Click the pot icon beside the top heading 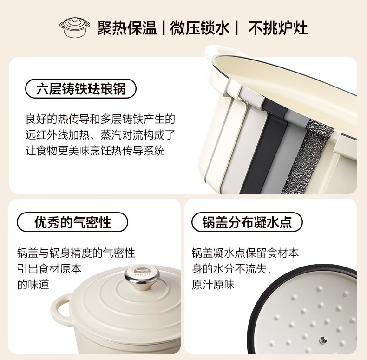click(x=75, y=27)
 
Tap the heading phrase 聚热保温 click(x=127, y=28)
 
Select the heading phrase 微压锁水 click(x=200, y=28)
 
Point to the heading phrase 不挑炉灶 click(x=278, y=28)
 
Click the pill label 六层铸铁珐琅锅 click(x=81, y=88)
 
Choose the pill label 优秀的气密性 click(x=72, y=222)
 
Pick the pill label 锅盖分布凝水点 click(x=247, y=222)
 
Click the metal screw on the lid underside click(x=323, y=339)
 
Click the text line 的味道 click(x=33, y=285)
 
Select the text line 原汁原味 click(x=213, y=285)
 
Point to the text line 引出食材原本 click(x=49, y=269)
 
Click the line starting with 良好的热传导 click(x=100, y=119)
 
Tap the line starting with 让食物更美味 click(x=95, y=151)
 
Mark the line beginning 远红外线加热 click(x=100, y=135)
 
